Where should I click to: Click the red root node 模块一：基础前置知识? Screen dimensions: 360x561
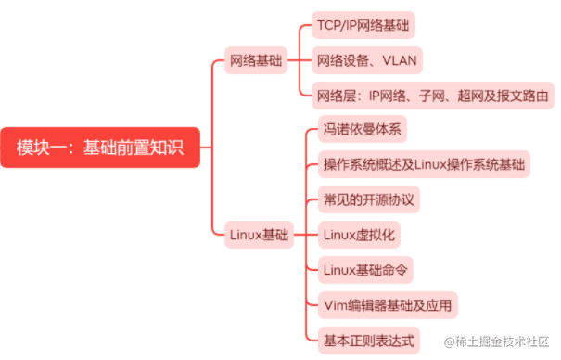(100, 147)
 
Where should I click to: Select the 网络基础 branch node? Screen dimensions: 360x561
(255, 61)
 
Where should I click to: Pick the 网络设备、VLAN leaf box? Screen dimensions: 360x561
(368, 61)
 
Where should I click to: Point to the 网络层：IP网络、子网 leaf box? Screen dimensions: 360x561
(432, 96)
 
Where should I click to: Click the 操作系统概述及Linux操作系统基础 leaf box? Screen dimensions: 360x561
(424, 165)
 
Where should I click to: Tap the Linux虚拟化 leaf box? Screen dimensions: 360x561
(357, 235)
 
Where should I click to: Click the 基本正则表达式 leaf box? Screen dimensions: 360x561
(368, 339)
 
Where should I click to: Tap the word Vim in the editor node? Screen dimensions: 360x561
(334, 304)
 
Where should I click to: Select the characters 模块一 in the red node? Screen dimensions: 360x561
(42, 147)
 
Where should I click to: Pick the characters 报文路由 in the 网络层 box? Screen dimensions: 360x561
(519, 96)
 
